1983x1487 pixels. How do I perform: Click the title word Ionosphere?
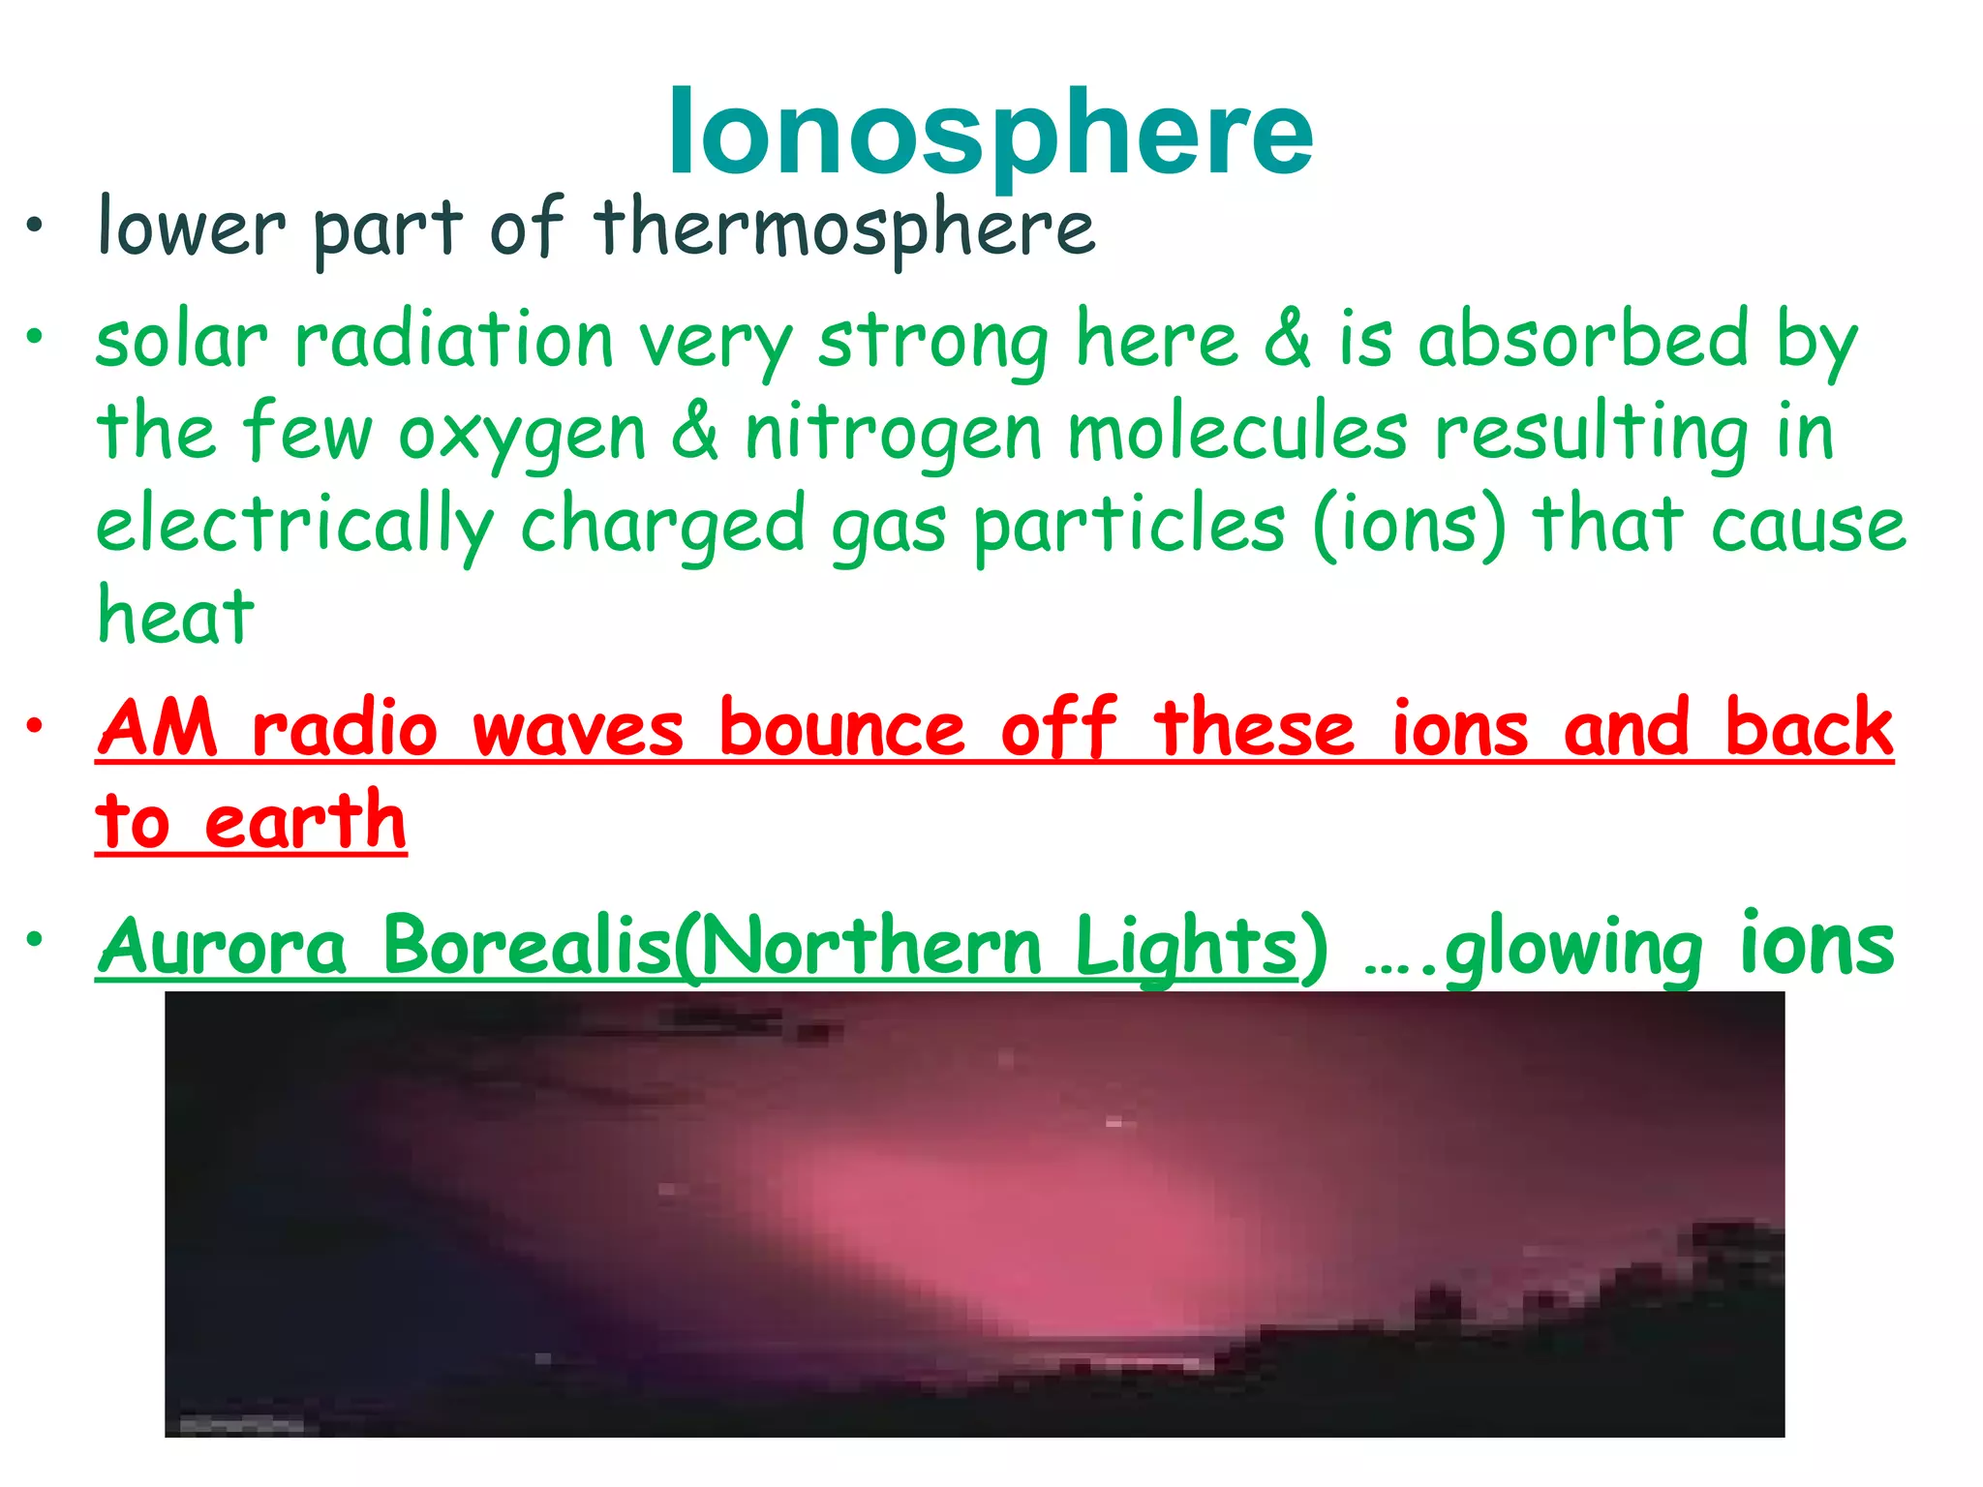coord(990,134)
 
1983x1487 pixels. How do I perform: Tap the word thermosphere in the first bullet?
coord(844,228)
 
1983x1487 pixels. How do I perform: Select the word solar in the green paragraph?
coord(181,341)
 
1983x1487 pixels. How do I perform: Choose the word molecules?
coord(1236,432)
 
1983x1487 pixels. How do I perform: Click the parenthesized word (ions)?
coord(1409,526)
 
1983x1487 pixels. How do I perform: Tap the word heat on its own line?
coord(175,617)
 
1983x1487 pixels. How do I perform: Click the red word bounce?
coord(841,728)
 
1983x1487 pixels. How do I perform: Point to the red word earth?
coord(305,822)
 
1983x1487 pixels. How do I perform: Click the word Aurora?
coord(223,946)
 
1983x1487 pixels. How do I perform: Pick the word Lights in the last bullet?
coord(1186,948)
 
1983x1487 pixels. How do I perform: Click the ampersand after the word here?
coord(1288,339)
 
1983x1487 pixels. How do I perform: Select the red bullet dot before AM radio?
coord(36,725)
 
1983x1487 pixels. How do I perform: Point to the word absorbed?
coord(1583,339)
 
